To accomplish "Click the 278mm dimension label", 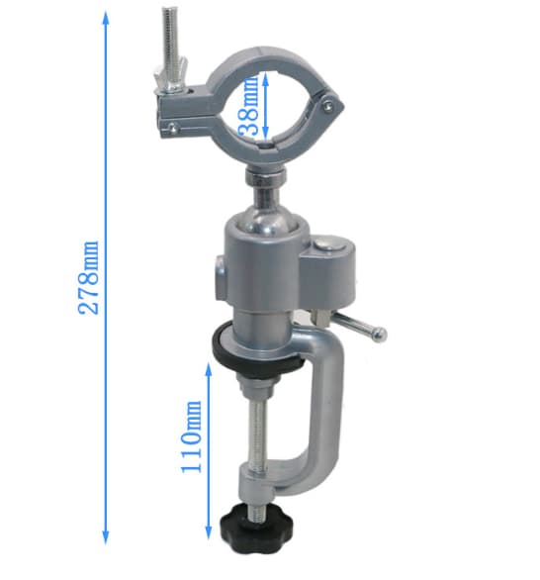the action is [89, 278].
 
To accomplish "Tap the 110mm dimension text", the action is [192, 436].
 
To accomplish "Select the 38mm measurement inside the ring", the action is [249, 106].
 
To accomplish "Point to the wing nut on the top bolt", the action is [172, 77].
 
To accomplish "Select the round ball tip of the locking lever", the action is [379, 334].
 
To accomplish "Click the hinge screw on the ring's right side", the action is [328, 106].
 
